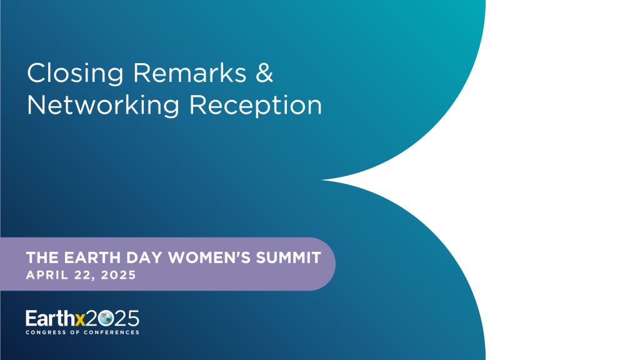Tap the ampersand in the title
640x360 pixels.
[x=264, y=73]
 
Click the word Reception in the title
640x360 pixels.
[x=256, y=106]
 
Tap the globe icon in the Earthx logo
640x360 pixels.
[x=106, y=318]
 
